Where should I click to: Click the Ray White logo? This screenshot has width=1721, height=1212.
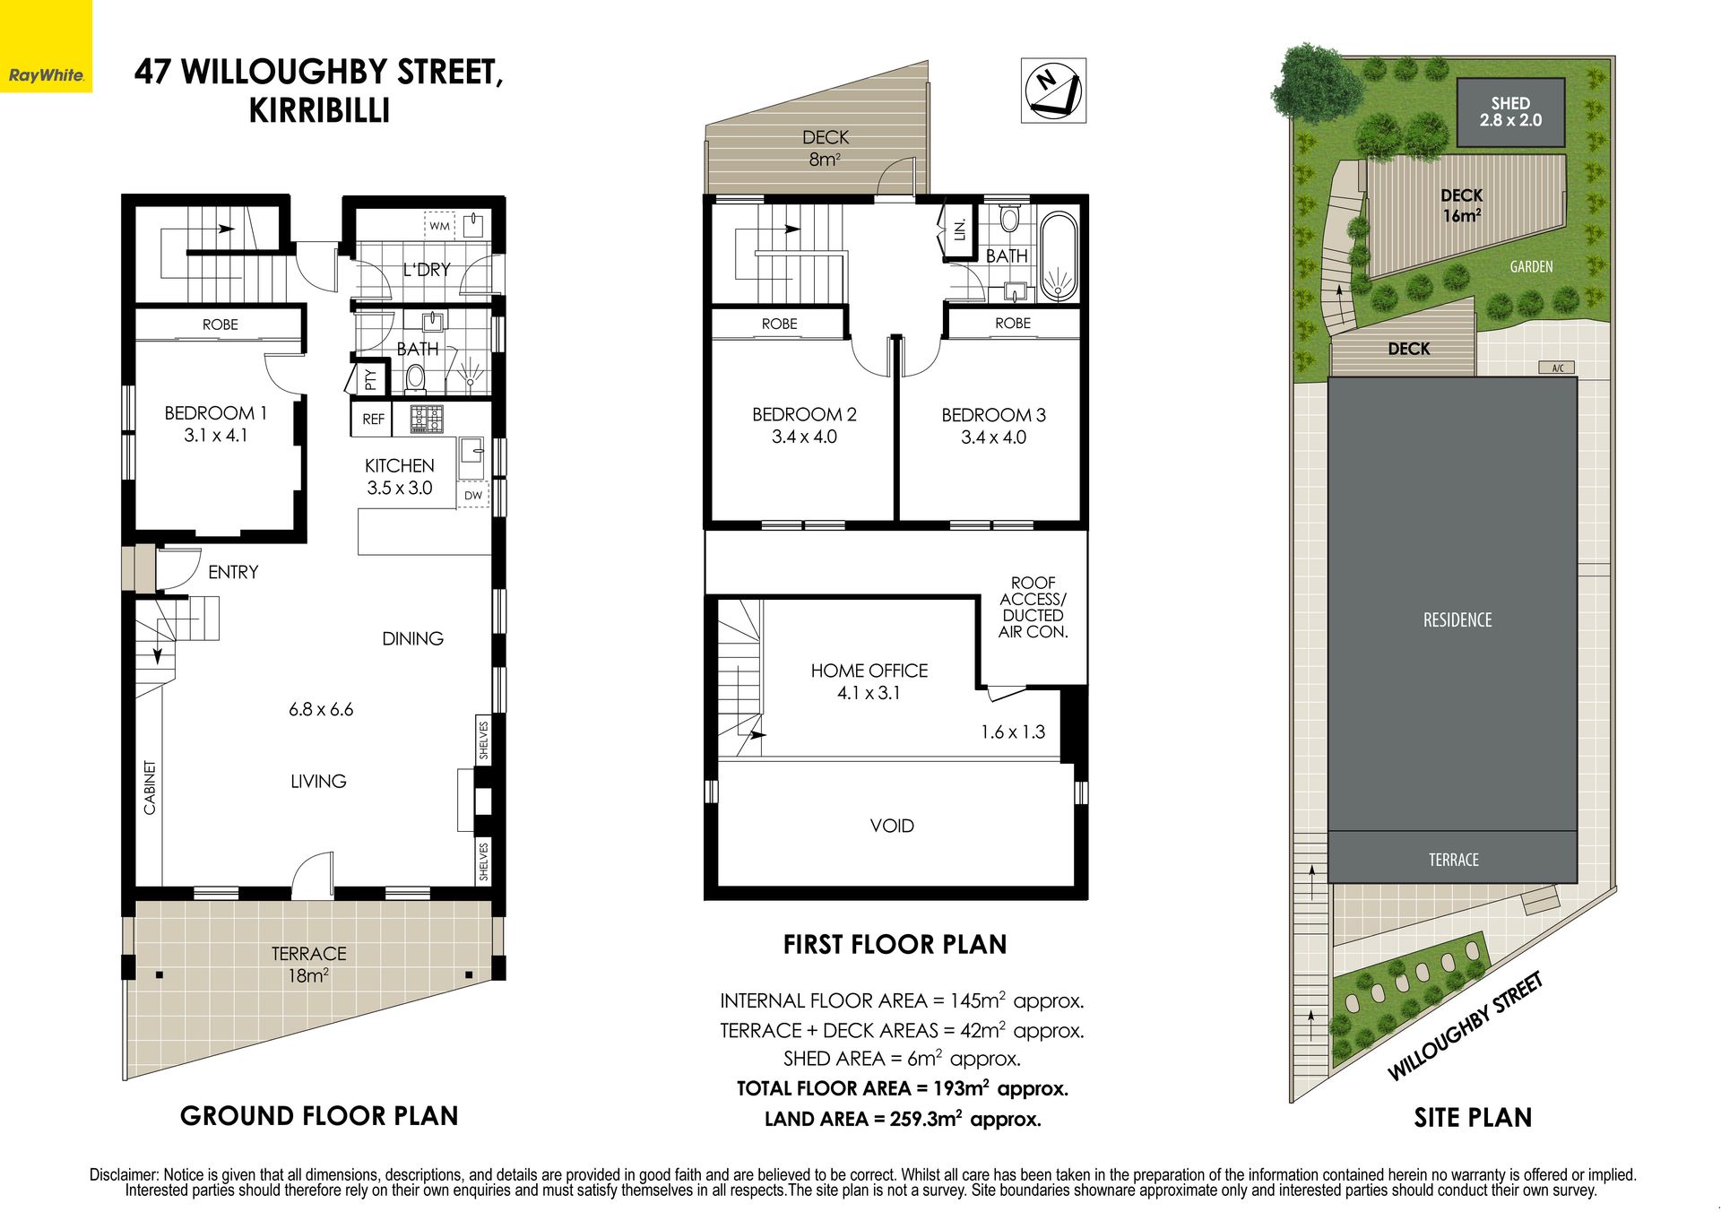click(x=46, y=75)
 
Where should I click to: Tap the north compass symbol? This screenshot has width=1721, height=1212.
click(x=1053, y=91)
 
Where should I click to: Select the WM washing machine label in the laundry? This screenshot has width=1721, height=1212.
click(x=439, y=226)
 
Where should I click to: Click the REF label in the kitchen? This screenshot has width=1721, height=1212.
click(x=374, y=420)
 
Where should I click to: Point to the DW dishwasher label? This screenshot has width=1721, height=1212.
click(x=472, y=495)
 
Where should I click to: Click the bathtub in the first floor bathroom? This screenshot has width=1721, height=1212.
click(x=1059, y=256)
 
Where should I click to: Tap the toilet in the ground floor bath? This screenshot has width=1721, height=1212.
click(x=415, y=378)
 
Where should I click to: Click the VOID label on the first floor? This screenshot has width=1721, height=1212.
click(x=892, y=826)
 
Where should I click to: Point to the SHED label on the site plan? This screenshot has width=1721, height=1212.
click(x=1511, y=103)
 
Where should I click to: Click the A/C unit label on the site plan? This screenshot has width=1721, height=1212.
click(x=1558, y=368)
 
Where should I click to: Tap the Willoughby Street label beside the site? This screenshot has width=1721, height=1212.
click(x=1466, y=1026)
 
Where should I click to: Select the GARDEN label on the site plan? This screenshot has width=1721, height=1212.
click(x=1531, y=267)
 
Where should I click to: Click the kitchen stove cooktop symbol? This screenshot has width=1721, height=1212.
click(x=427, y=419)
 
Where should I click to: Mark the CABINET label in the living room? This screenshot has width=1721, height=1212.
click(x=150, y=788)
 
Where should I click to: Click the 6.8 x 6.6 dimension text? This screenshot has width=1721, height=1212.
click(x=321, y=710)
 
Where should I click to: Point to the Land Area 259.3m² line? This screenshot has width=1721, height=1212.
click(x=903, y=1119)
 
